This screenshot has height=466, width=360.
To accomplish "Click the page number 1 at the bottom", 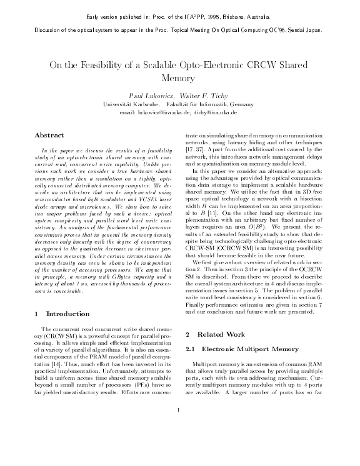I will (x=179, y=445).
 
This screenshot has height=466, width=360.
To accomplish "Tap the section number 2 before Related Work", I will (x=189, y=335).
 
